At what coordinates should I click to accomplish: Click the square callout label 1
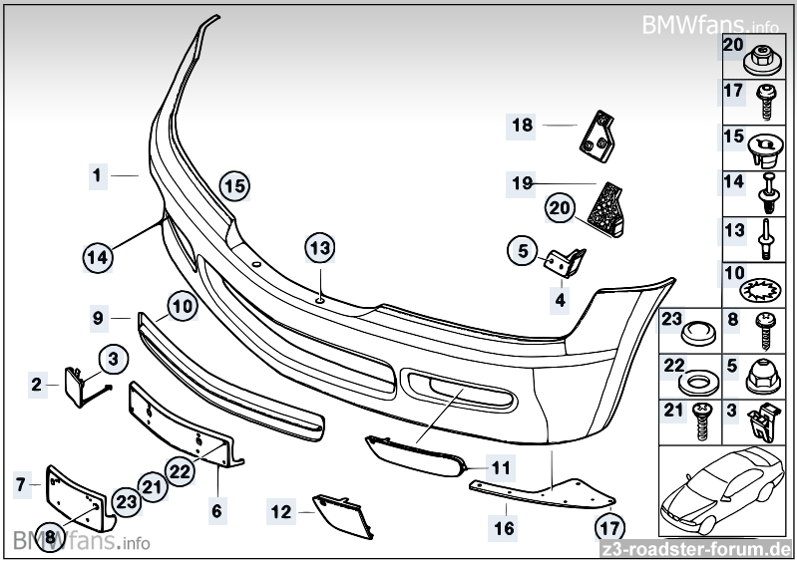pyautogui.click(x=97, y=175)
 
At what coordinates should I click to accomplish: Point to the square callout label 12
pyautogui.click(x=282, y=512)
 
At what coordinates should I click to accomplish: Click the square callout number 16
pyautogui.click(x=505, y=527)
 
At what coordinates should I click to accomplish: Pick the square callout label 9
pyautogui.click(x=99, y=319)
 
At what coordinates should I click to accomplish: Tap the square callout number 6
pyautogui.click(x=216, y=511)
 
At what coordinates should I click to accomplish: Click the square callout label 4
pyautogui.click(x=561, y=299)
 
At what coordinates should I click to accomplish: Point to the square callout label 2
pyautogui.click(x=37, y=384)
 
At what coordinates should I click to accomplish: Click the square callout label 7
pyautogui.click(x=21, y=485)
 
